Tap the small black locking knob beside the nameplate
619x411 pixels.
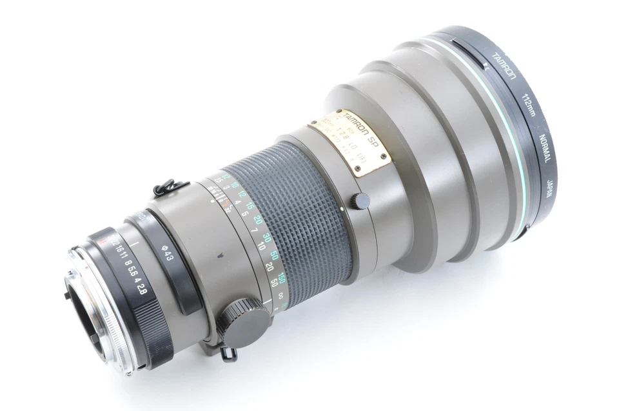point(358,201)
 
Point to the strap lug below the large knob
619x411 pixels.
point(226,352)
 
